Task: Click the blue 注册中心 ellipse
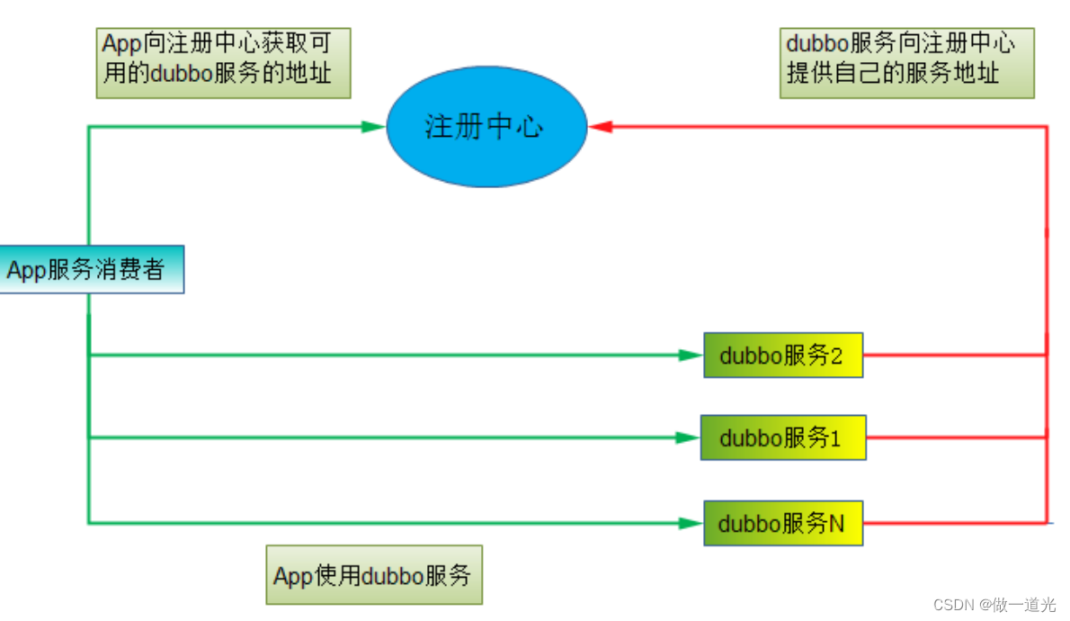[486, 127]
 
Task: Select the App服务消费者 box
[91, 269]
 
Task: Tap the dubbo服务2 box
[782, 355]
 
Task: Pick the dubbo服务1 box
[782, 437]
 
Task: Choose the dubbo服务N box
[782, 523]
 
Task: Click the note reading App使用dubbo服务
[373, 574]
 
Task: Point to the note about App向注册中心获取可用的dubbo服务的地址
[222, 62]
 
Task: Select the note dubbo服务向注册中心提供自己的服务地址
[906, 62]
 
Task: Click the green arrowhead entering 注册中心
[374, 127]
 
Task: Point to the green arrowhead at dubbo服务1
[689, 437]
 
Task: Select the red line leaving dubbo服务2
[953, 355]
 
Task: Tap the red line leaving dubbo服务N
[953, 522]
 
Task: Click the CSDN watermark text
[994, 605]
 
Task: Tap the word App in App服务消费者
[26, 270]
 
